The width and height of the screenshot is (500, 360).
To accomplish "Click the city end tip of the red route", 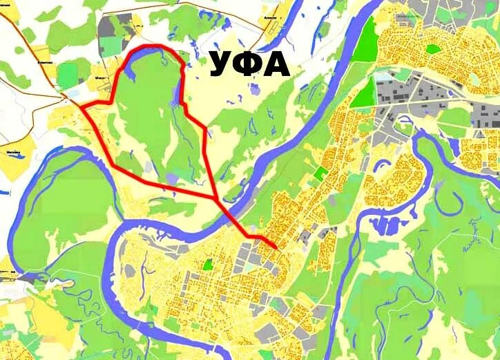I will pos(277,248).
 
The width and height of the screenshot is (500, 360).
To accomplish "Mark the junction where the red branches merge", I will pos(218,199).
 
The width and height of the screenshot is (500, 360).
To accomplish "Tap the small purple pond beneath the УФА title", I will pos(254,88).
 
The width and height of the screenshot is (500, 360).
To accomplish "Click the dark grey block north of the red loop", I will pos(110,28).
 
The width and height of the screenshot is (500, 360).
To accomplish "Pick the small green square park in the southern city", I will pos(207,263).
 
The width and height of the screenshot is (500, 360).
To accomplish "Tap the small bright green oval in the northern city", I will pos(433,49).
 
